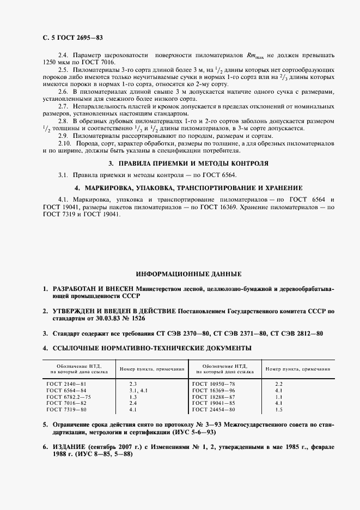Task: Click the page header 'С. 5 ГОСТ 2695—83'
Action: tap(69, 38)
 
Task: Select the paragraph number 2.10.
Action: tap(65, 143)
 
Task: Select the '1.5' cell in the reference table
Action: tap(279, 409)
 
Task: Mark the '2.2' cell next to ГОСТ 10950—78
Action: tap(279, 384)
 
